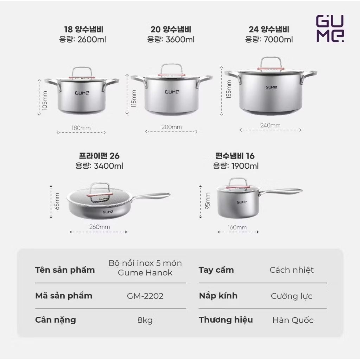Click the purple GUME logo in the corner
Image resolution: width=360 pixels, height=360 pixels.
pos(330,28)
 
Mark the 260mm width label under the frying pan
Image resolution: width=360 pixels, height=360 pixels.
pos(99,227)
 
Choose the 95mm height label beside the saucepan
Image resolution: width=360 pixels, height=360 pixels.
pos(207,201)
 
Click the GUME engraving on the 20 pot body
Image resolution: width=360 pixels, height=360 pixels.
pos(172,92)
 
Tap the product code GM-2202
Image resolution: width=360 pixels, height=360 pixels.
pos(145,296)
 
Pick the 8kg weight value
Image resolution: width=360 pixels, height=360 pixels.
pos(145,320)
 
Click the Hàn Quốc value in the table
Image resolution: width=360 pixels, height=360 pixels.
pos(293,320)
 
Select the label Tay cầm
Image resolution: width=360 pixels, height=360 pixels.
pos(216,270)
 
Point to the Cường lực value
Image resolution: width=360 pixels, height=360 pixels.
pos(291,296)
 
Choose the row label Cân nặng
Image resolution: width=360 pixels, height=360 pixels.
pos(55,320)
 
